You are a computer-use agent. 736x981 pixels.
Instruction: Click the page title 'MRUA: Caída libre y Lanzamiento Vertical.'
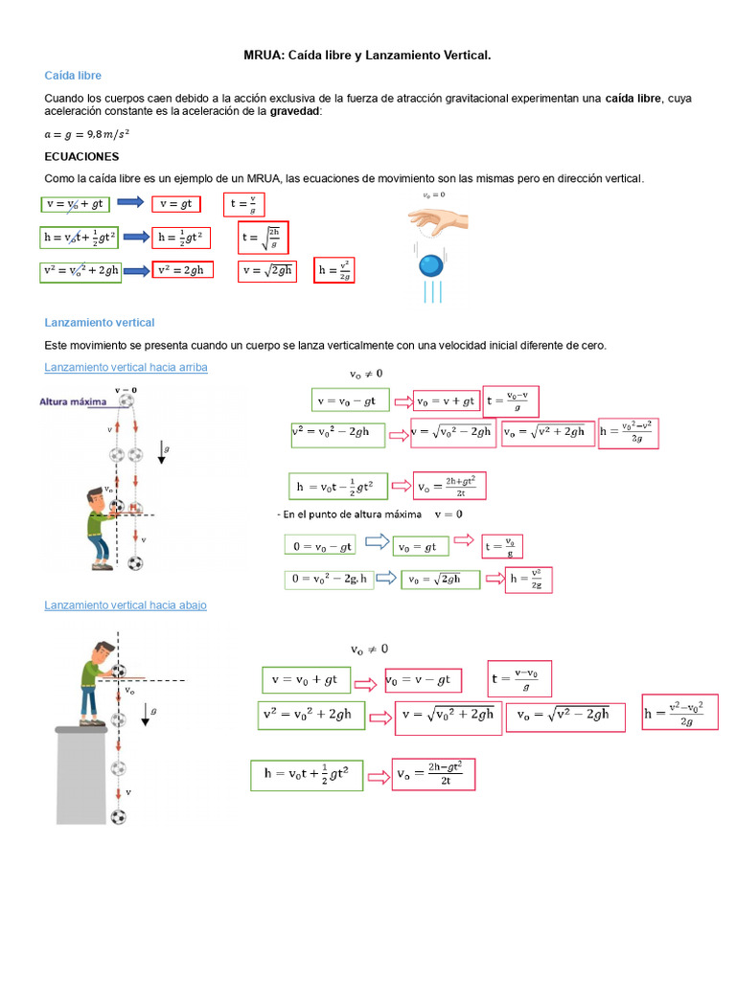(367, 57)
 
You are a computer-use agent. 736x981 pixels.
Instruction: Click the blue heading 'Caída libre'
(73, 76)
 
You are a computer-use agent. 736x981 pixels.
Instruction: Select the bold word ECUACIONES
(81, 156)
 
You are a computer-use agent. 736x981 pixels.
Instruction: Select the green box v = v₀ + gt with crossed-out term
(77, 203)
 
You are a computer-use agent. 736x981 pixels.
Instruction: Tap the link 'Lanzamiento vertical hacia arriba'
(126, 368)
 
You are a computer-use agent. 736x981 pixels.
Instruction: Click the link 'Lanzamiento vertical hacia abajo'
(126, 605)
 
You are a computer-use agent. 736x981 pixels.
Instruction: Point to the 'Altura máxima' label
(72, 402)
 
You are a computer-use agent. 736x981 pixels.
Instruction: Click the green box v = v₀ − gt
(352, 399)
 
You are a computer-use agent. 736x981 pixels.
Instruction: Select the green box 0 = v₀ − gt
(320, 545)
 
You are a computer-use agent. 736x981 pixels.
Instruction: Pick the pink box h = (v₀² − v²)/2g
(626, 433)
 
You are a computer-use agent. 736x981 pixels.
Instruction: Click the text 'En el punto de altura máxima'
(351, 514)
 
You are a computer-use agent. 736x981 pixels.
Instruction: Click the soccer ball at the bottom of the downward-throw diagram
(118, 817)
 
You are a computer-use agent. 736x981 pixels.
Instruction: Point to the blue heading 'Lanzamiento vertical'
(100, 323)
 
